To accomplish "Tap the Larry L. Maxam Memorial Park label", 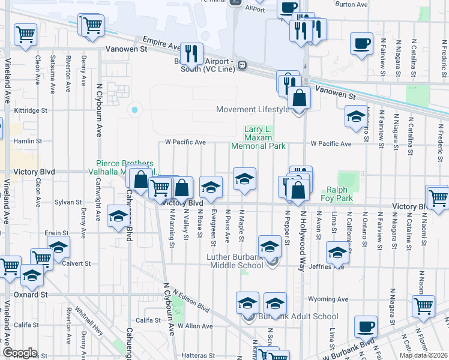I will [258, 137].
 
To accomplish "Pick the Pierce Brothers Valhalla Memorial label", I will [125, 167].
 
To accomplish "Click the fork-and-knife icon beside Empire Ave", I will [191, 53].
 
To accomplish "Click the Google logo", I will [20, 353].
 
